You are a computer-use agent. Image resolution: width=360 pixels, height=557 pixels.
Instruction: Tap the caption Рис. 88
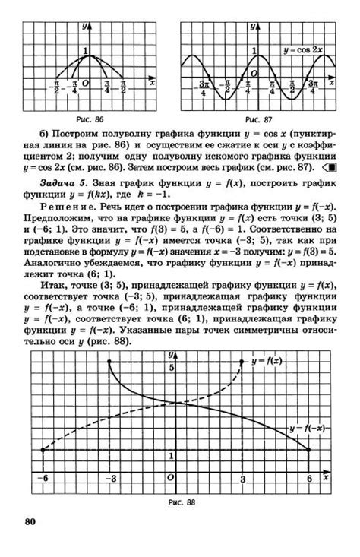[180, 502]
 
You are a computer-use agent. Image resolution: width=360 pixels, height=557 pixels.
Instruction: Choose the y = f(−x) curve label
[307, 429]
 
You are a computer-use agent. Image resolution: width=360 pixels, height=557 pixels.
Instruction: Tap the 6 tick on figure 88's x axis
[309, 479]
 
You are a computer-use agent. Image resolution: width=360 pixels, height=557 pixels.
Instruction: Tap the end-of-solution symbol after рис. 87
[330, 167]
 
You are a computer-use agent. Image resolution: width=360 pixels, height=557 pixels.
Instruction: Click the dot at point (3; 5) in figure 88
[243, 362]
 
